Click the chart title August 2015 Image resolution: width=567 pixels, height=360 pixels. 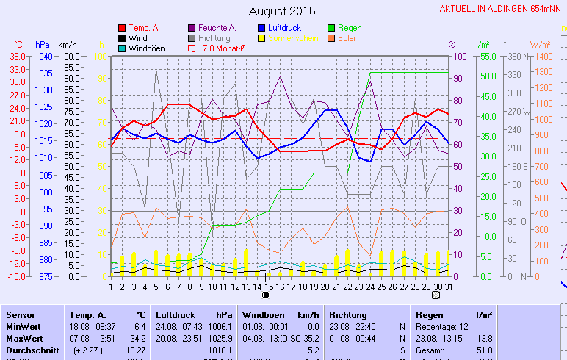tap(282, 11)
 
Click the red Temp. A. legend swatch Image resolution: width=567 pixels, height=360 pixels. tap(122, 28)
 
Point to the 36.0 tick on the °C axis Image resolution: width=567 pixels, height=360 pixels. tap(18, 57)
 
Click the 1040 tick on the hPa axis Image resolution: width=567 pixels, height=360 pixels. tap(43, 57)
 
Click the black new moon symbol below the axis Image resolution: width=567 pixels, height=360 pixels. tap(266, 295)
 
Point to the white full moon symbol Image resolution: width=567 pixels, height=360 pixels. tap(436, 295)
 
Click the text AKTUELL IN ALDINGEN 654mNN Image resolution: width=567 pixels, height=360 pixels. tap(502, 9)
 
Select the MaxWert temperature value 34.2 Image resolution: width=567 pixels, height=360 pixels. tap(137, 337)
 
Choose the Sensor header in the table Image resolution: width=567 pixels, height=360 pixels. tap(21, 315)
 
